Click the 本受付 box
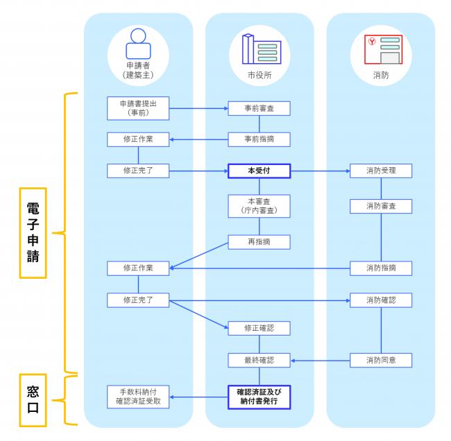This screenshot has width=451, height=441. point(259,171)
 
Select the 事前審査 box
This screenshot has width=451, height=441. point(259,108)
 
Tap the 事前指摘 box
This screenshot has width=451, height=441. point(259,139)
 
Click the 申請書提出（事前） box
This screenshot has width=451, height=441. point(138,108)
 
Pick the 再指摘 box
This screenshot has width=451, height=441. point(259,242)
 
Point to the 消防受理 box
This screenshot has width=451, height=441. point(381,171)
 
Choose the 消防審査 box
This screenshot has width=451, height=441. point(381,206)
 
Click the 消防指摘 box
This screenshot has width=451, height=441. point(381,268)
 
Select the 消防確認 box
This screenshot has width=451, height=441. point(381,300)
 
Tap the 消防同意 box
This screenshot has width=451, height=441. point(381,360)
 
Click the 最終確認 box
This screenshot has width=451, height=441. point(259,360)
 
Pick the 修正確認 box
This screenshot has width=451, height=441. point(259,328)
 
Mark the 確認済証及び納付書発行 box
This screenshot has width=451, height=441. point(259,397)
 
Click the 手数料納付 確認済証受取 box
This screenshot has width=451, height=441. point(138,397)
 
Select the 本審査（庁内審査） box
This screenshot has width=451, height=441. point(259,206)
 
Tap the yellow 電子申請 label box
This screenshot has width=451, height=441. point(33,233)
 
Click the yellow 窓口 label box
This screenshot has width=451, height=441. point(33,400)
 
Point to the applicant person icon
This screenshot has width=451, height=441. point(138,44)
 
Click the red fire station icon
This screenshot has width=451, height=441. point(384,49)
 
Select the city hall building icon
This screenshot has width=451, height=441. point(262,49)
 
